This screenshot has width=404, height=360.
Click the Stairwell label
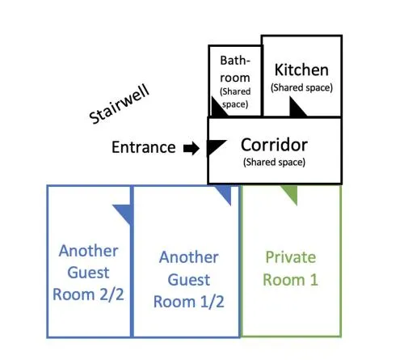click(120, 104)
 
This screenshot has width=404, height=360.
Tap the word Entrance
click(144, 147)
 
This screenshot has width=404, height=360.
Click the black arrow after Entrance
click(191, 148)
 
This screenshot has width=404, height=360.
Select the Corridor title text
click(274, 145)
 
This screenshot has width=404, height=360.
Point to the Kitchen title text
click(301, 70)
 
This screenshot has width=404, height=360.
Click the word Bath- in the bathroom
click(235, 61)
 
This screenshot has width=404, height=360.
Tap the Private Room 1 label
click(291, 269)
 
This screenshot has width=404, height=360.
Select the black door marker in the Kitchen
click(297, 108)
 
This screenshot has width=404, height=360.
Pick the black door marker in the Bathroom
click(218, 108)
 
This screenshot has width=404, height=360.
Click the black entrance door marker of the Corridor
click(215, 146)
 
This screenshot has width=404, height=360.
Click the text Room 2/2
click(88, 294)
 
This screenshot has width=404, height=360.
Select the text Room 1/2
click(188, 302)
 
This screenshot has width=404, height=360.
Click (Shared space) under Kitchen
click(301, 87)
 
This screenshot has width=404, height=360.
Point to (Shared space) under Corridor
click(274, 162)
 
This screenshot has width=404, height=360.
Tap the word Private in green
click(291, 257)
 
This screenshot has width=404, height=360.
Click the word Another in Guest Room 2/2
click(88, 251)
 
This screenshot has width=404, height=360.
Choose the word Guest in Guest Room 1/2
click(188, 280)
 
